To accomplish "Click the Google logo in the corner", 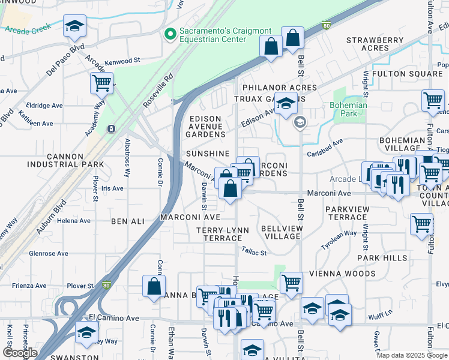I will click(x=20, y=353).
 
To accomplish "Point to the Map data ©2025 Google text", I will click(x=412, y=355).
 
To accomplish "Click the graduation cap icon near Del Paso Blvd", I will click(x=74, y=26).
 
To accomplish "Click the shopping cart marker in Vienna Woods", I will click(x=291, y=281).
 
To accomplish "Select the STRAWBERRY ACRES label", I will click(x=375, y=44).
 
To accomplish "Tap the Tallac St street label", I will click(x=254, y=253).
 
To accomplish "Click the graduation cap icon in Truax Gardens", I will click(x=286, y=104).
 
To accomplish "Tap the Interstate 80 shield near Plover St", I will click(x=106, y=286).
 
